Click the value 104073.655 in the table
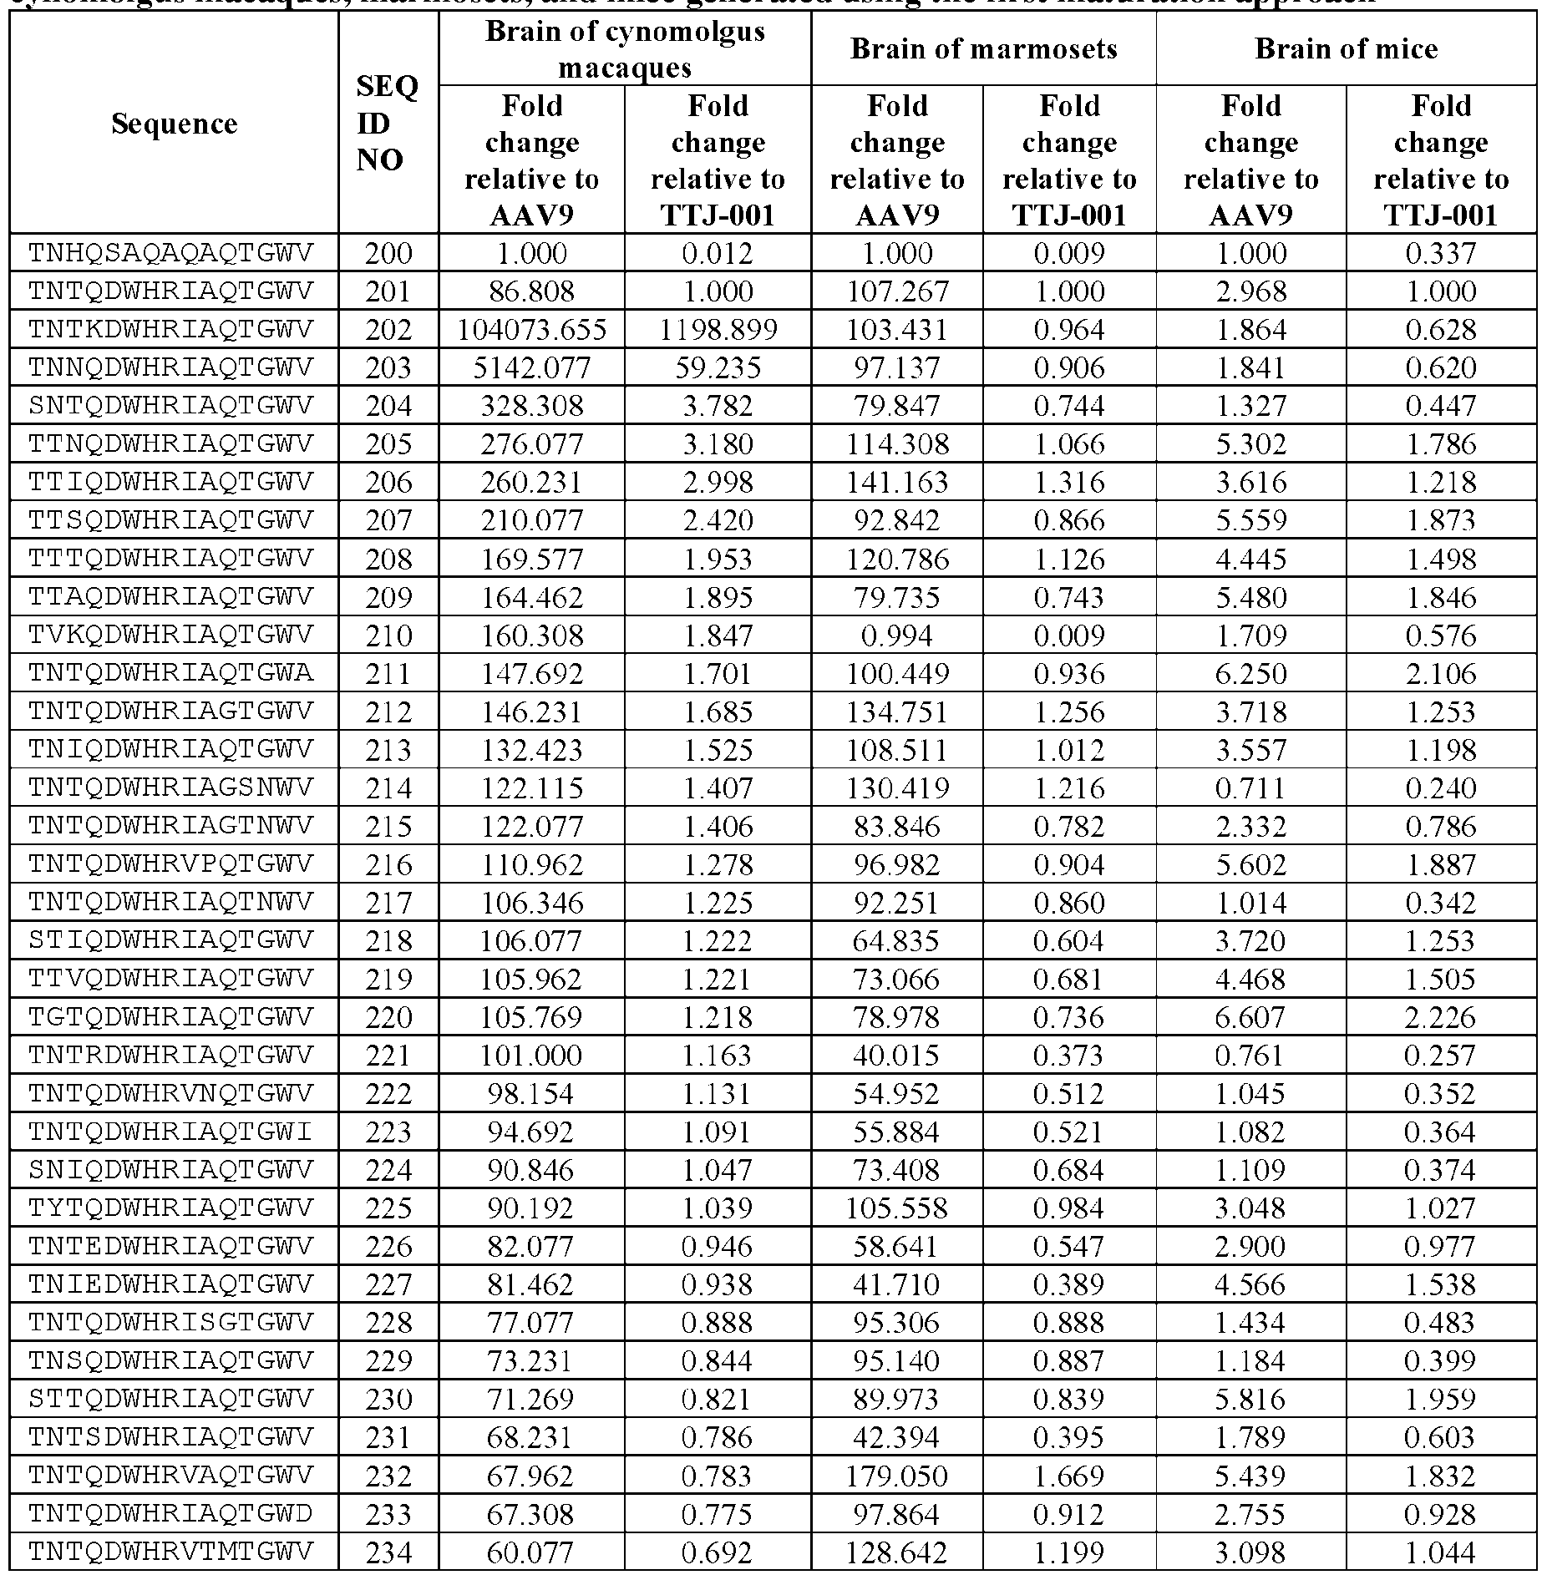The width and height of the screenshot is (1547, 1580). point(531,330)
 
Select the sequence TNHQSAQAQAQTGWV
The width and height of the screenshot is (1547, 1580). point(170,252)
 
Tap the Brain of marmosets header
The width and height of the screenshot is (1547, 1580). point(983,48)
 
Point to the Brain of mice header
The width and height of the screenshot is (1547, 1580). point(1346,48)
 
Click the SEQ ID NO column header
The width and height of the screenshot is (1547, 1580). point(388,123)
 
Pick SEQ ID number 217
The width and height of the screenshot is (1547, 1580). point(388,903)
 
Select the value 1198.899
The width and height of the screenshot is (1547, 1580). point(718,330)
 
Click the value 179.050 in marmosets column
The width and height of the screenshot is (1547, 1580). point(897,1476)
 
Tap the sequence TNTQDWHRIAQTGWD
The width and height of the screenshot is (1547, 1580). point(170,1514)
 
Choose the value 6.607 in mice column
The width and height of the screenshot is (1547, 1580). point(1250,1017)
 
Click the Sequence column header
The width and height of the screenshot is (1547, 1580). point(174,124)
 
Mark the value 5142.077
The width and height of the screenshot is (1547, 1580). point(531,367)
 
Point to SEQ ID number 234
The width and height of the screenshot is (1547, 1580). point(388,1552)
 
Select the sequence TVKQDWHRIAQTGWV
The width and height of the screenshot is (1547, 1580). point(170,635)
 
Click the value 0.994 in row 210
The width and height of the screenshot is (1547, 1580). point(897,636)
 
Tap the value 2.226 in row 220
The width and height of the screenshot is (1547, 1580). point(1441,1017)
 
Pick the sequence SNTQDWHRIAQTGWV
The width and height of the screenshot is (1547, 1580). point(170,406)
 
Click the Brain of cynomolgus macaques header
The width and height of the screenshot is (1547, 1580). point(625,48)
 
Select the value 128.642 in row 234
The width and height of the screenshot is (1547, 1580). point(897,1552)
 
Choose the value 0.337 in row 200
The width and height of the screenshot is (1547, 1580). point(1441,253)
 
